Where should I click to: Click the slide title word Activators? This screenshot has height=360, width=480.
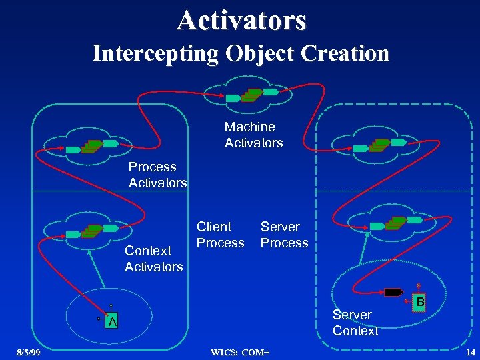coord(241,19)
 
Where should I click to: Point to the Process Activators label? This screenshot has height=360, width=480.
coord(157,175)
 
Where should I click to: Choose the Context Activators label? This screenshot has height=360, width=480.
coord(153,259)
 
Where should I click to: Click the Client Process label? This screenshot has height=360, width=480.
coord(220,235)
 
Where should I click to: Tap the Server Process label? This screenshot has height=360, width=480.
coord(284,235)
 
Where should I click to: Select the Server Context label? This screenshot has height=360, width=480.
coord(355,322)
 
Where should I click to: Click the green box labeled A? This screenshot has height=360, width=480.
coord(113,322)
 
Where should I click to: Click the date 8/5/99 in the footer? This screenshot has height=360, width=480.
coord(28,352)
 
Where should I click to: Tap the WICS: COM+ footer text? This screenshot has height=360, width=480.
coord(241,352)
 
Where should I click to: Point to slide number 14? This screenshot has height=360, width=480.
coord(470,352)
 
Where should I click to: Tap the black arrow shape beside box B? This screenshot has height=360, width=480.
coord(393,291)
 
